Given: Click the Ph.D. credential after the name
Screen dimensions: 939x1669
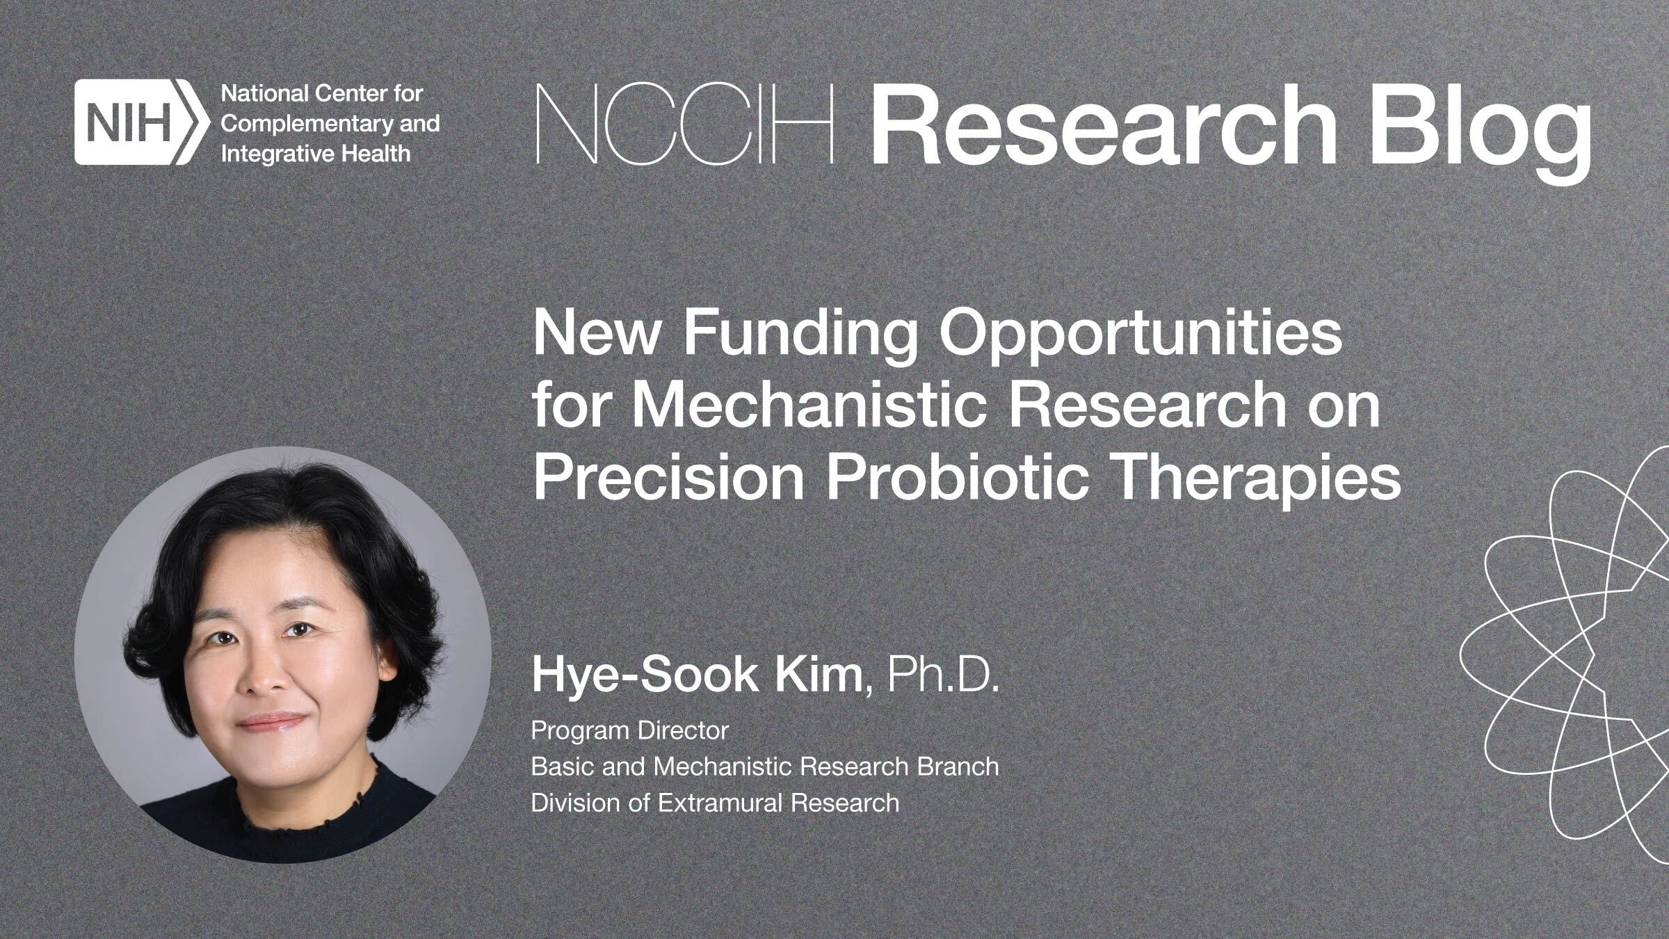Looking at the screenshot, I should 943,675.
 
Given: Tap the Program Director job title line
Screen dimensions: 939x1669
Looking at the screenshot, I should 629,730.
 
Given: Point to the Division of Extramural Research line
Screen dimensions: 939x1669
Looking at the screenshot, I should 715,803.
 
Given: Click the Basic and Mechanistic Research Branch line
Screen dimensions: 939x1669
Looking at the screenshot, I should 765,767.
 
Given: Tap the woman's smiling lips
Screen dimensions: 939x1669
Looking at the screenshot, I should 273,721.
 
